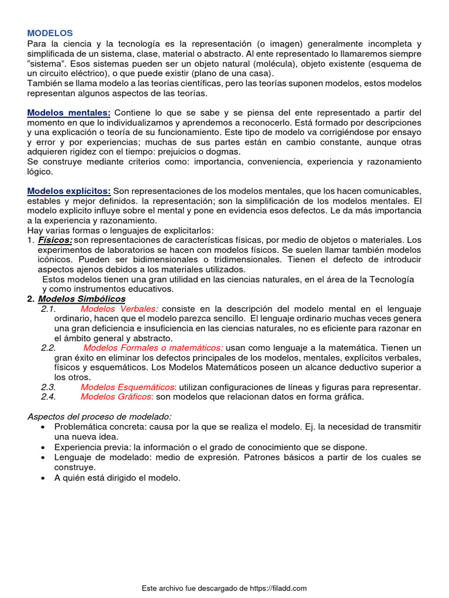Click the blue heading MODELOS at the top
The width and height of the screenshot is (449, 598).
(50, 33)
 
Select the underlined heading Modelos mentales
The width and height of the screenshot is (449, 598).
(69, 112)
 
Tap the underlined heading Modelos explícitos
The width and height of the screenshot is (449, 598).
(69, 191)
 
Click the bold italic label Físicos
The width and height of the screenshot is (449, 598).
(55, 240)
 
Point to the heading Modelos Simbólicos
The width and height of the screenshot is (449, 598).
(81, 299)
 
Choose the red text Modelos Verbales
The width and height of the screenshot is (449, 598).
(119, 309)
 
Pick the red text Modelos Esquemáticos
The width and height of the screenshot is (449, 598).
(128, 387)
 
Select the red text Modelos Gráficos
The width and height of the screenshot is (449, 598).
(117, 397)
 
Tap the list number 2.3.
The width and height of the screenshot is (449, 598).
(48, 387)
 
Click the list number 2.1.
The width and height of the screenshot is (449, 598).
(48, 309)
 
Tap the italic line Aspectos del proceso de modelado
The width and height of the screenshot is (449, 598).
(100, 416)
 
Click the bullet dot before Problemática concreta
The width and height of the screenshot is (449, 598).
(43, 427)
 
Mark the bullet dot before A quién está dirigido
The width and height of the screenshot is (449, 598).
(43, 478)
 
